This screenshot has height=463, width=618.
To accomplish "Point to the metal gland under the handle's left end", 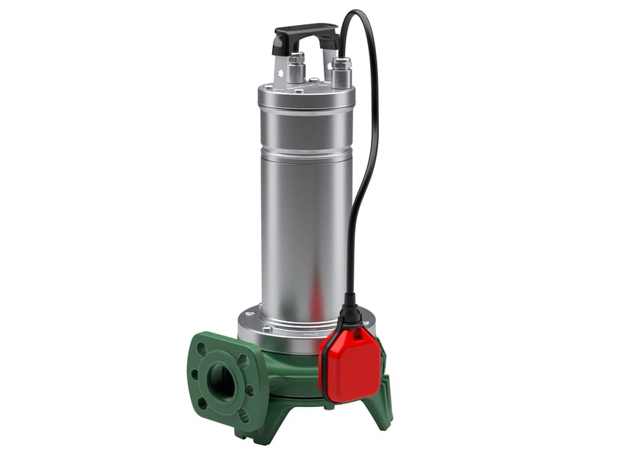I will click(296, 68).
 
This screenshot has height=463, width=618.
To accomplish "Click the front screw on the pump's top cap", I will click(299, 92).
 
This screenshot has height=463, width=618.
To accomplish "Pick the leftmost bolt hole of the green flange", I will click(193, 372).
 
